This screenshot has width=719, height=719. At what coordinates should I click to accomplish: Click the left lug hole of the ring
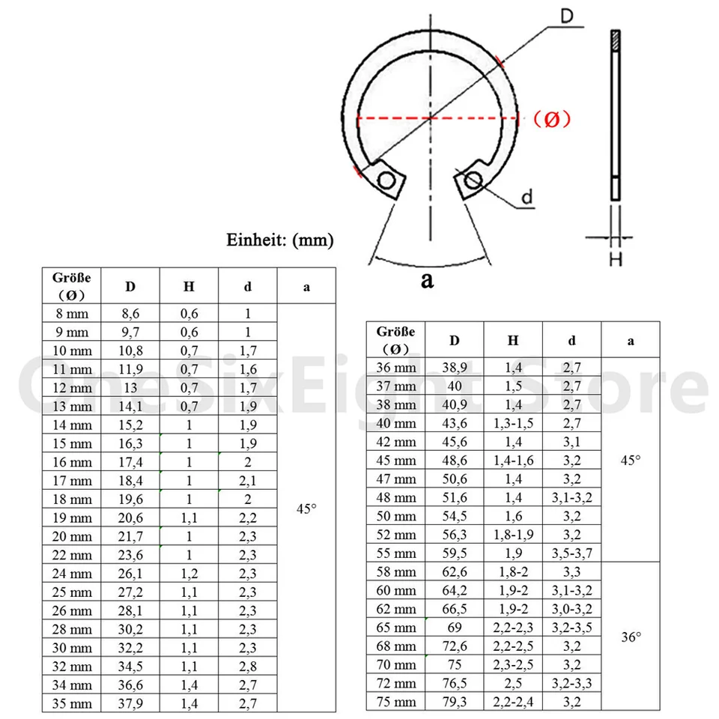(x=386, y=180)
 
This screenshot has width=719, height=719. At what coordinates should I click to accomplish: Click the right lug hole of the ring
(x=472, y=179)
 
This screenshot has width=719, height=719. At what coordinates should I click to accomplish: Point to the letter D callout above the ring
(x=567, y=16)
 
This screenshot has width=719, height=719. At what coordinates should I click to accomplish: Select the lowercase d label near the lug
(x=527, y=198)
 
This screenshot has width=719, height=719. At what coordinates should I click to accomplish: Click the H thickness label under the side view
(x=615, y=258)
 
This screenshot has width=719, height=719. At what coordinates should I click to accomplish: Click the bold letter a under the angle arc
(x=428, y=280)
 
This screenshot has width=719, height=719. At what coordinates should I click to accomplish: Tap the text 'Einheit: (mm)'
(x=280, y=240)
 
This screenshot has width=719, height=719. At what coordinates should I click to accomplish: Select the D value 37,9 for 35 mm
(x=130, y=703)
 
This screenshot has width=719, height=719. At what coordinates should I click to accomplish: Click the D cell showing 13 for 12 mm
(x=130, y=387)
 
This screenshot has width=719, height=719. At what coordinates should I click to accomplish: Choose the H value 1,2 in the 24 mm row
(x=189, y=573)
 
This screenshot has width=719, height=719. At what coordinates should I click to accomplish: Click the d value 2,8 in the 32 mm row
(x=248, y=666)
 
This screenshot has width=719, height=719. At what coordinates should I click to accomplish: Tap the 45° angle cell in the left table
(x=306, y=508)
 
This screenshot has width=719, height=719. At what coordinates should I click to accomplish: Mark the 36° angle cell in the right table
(x=631, y=637)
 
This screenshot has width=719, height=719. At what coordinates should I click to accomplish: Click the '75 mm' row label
(x=395, y=702)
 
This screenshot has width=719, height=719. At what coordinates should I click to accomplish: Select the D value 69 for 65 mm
(x=455, y=628)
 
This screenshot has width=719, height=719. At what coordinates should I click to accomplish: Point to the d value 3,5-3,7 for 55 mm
(x=571, y=553)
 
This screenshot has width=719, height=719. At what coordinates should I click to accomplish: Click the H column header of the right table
(x=513, y=340)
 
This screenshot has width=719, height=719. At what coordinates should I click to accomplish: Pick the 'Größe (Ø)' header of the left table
(x=71, y=285)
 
